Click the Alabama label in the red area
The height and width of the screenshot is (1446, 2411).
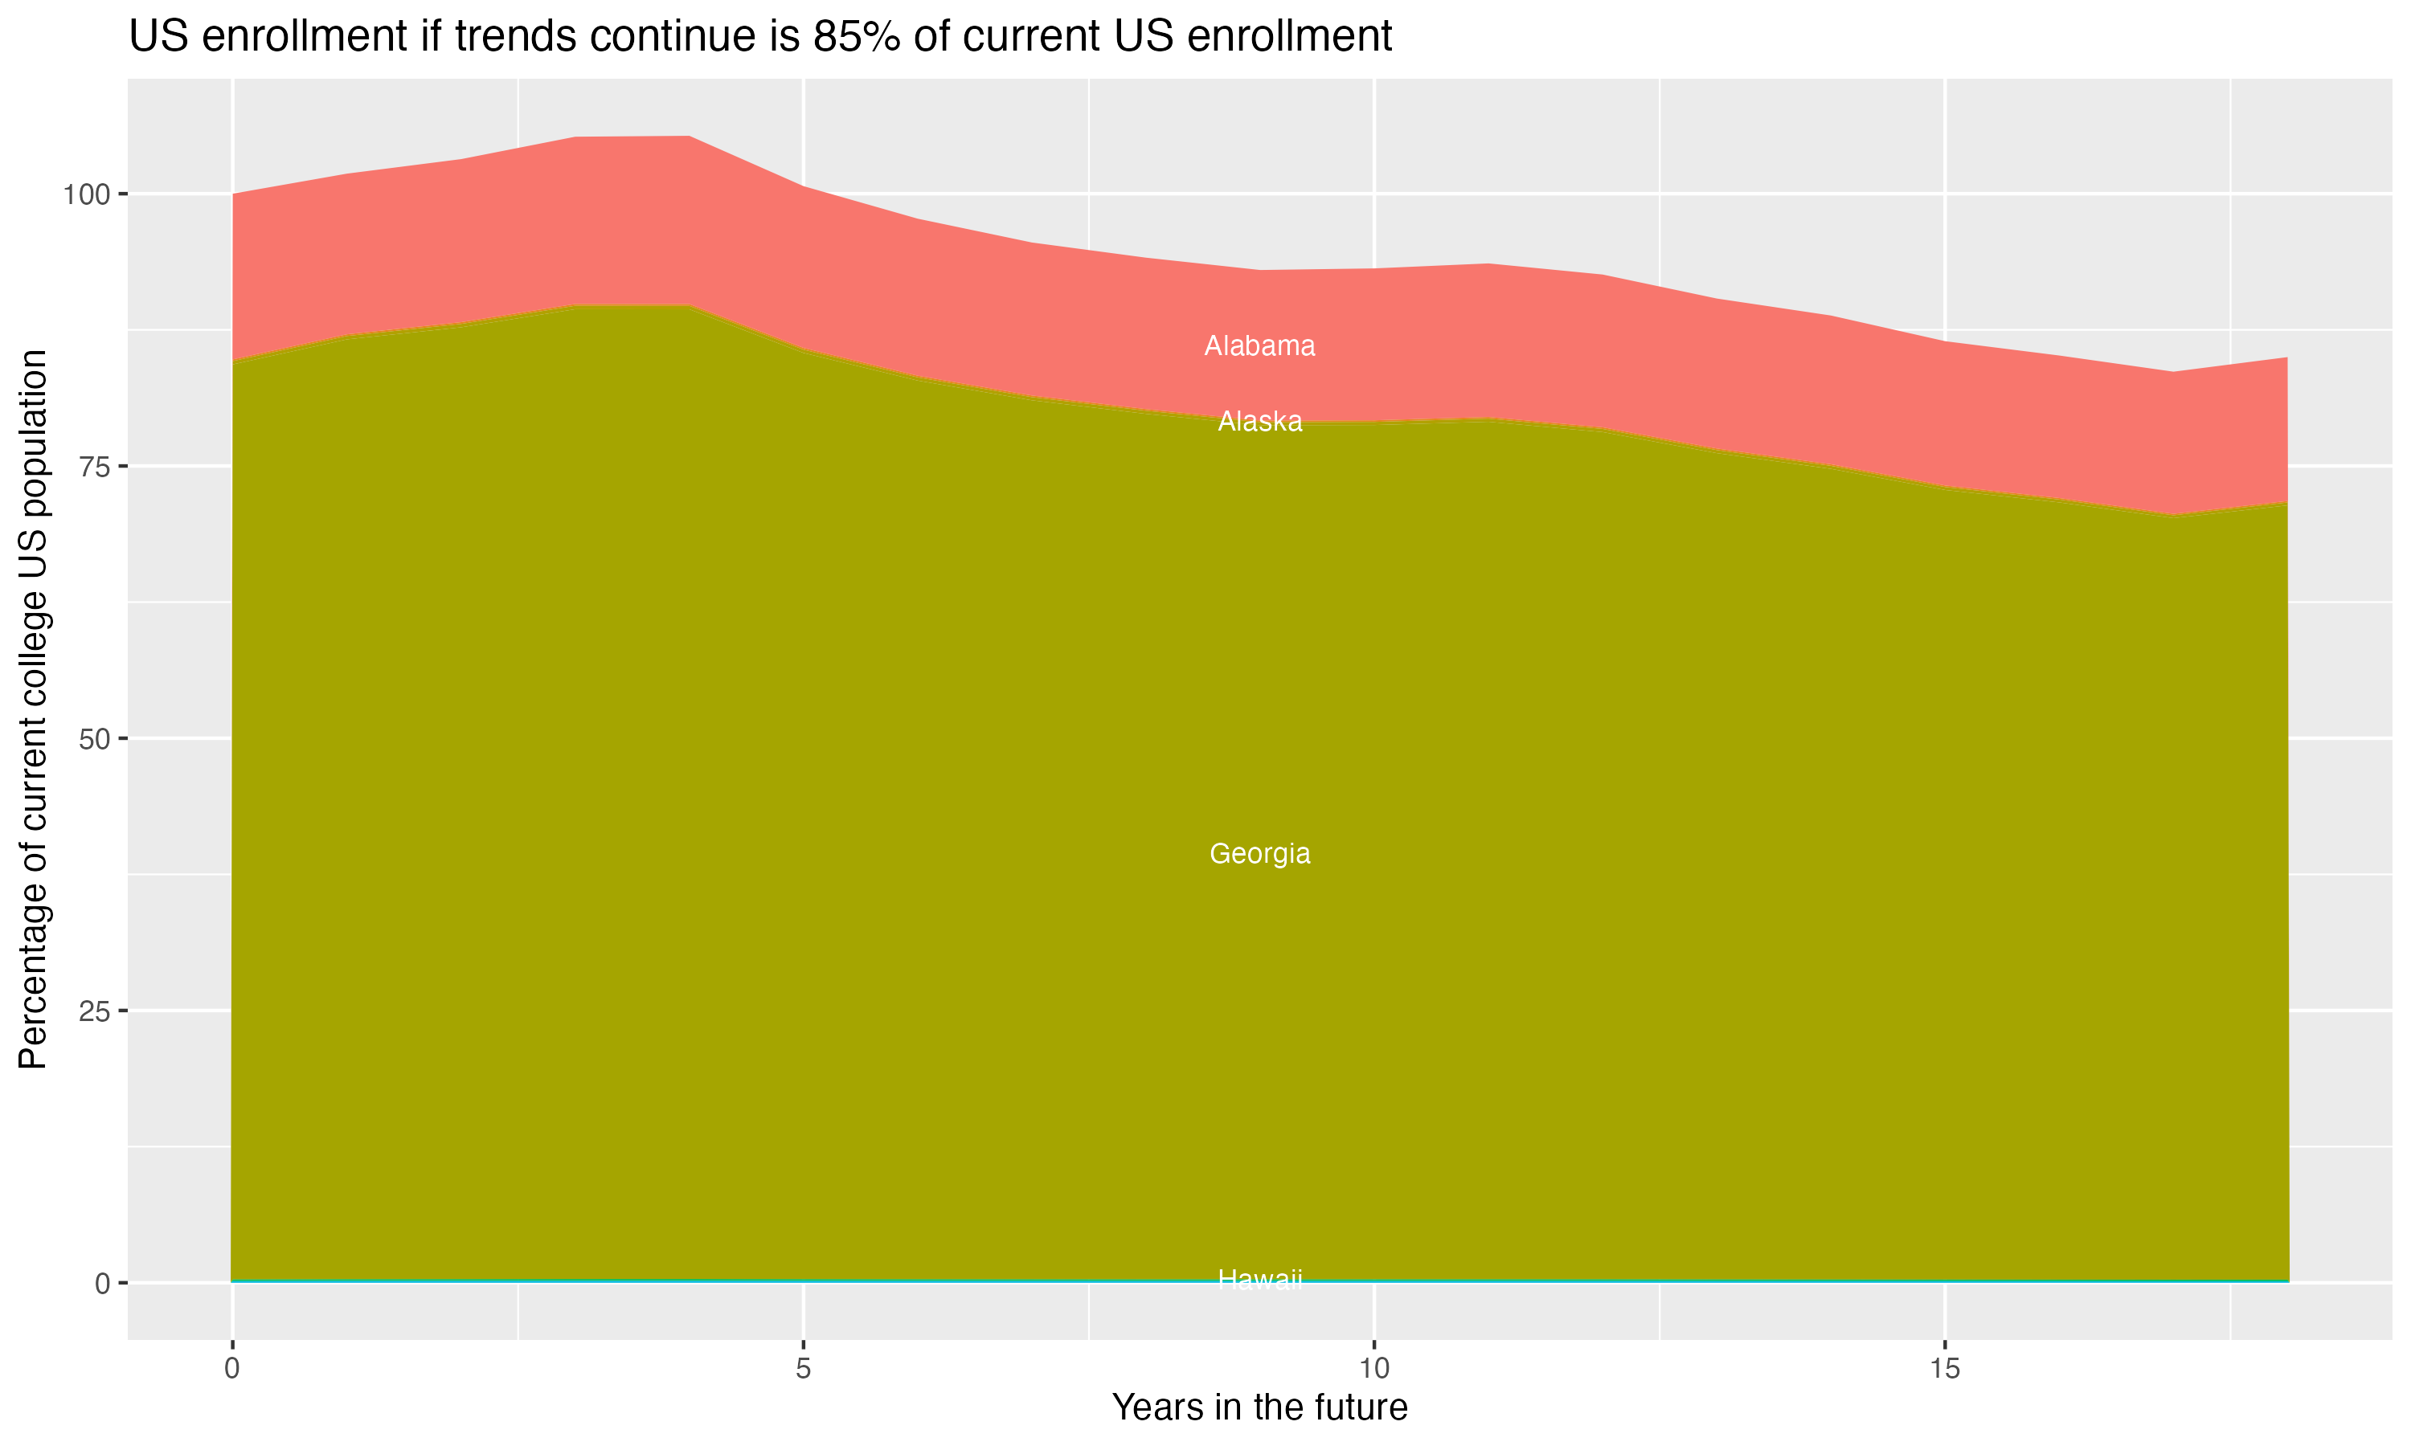point(1259,346)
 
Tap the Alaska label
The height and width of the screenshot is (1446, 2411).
point(1259,421)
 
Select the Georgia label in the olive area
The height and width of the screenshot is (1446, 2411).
point(1259,854)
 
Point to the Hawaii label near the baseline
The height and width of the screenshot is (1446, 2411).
point(1259,1280)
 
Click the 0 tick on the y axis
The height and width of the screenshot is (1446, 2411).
point(101,1283)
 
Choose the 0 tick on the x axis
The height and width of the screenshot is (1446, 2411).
point(232,1369)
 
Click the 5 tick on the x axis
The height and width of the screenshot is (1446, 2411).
point(803,1369)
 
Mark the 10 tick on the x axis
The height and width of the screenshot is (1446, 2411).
point(1373,1369)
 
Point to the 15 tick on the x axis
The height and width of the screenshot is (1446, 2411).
point(1944,1369)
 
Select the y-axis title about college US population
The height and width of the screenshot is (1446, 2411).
point(33,709)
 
